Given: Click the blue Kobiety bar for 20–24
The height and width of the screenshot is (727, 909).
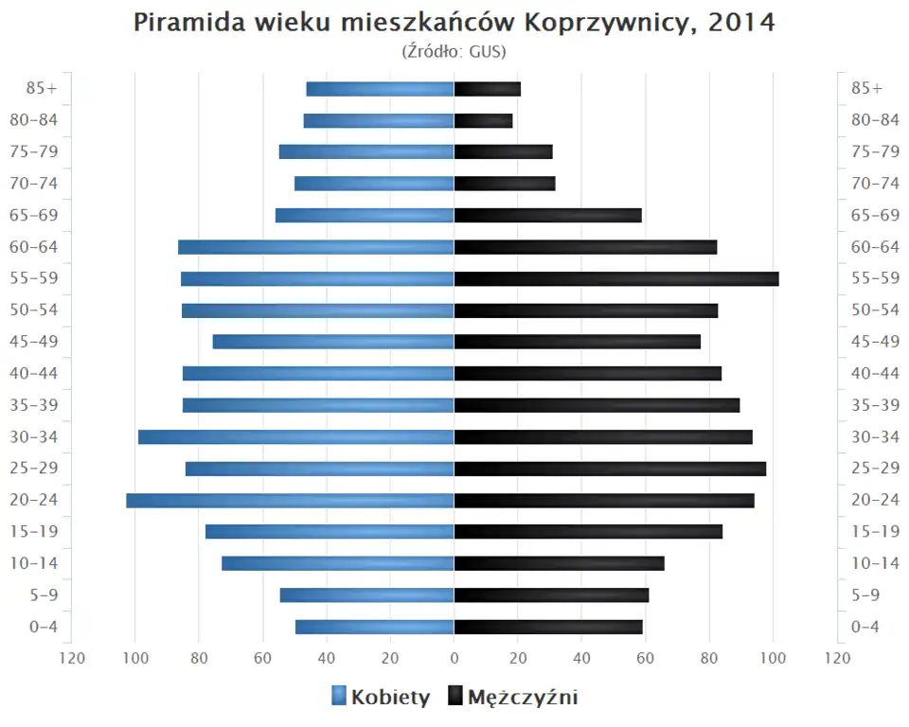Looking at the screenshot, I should (x=290, y=501).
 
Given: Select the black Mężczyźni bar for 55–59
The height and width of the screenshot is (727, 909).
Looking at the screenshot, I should (x=616, y=278).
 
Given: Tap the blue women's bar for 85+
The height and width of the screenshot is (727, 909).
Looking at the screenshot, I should (x=380, y=89).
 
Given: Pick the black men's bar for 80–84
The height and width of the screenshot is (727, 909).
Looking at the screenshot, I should (x=484, y=120).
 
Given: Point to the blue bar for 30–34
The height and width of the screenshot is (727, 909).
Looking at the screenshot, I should (x=295, y=437).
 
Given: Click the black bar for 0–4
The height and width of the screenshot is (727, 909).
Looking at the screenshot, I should (x=548, y=627).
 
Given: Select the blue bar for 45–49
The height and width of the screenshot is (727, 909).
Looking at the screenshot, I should (x=333, y=342).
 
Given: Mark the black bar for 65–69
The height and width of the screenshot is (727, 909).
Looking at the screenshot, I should (x=548, y=216).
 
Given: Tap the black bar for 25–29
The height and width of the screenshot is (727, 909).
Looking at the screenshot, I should (x=610, y=469).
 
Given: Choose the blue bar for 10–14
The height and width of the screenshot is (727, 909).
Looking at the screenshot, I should (x=337, y=563).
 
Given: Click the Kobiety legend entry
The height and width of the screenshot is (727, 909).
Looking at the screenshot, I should (x=381, y=698).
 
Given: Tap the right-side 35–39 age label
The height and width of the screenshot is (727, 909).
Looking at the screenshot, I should (x=875, y=405).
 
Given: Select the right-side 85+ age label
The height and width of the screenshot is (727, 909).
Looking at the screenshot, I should (x=866, y=89).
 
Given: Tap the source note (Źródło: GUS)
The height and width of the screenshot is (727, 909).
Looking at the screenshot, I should (x=454, y=52).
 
